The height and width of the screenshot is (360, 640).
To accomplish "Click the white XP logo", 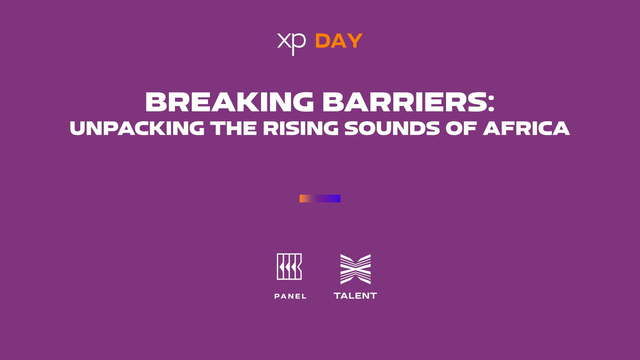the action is (x=291, y=43).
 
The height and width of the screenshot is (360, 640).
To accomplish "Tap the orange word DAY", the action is (x=339, y=41).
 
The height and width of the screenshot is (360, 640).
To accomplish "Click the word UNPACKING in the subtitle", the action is (x=137, y=128).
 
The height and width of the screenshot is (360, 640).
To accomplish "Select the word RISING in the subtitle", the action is (x=301, y=128).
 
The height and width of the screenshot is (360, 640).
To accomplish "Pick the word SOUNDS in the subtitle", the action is (x=392, y=128).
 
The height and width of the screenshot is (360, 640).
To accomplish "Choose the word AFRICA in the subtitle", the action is (x=527, y=128).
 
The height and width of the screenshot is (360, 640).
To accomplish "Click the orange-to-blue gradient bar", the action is (x=320, y=199).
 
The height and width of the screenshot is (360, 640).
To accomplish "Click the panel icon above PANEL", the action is (x=289, y=267).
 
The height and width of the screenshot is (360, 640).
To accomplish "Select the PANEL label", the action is (x=290, y=296).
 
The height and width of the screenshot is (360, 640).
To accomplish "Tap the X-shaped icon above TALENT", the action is (x=355, y=269).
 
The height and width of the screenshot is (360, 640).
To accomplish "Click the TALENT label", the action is (x=355, y=296).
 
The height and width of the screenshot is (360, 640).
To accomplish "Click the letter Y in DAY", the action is (x=355, y=41).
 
